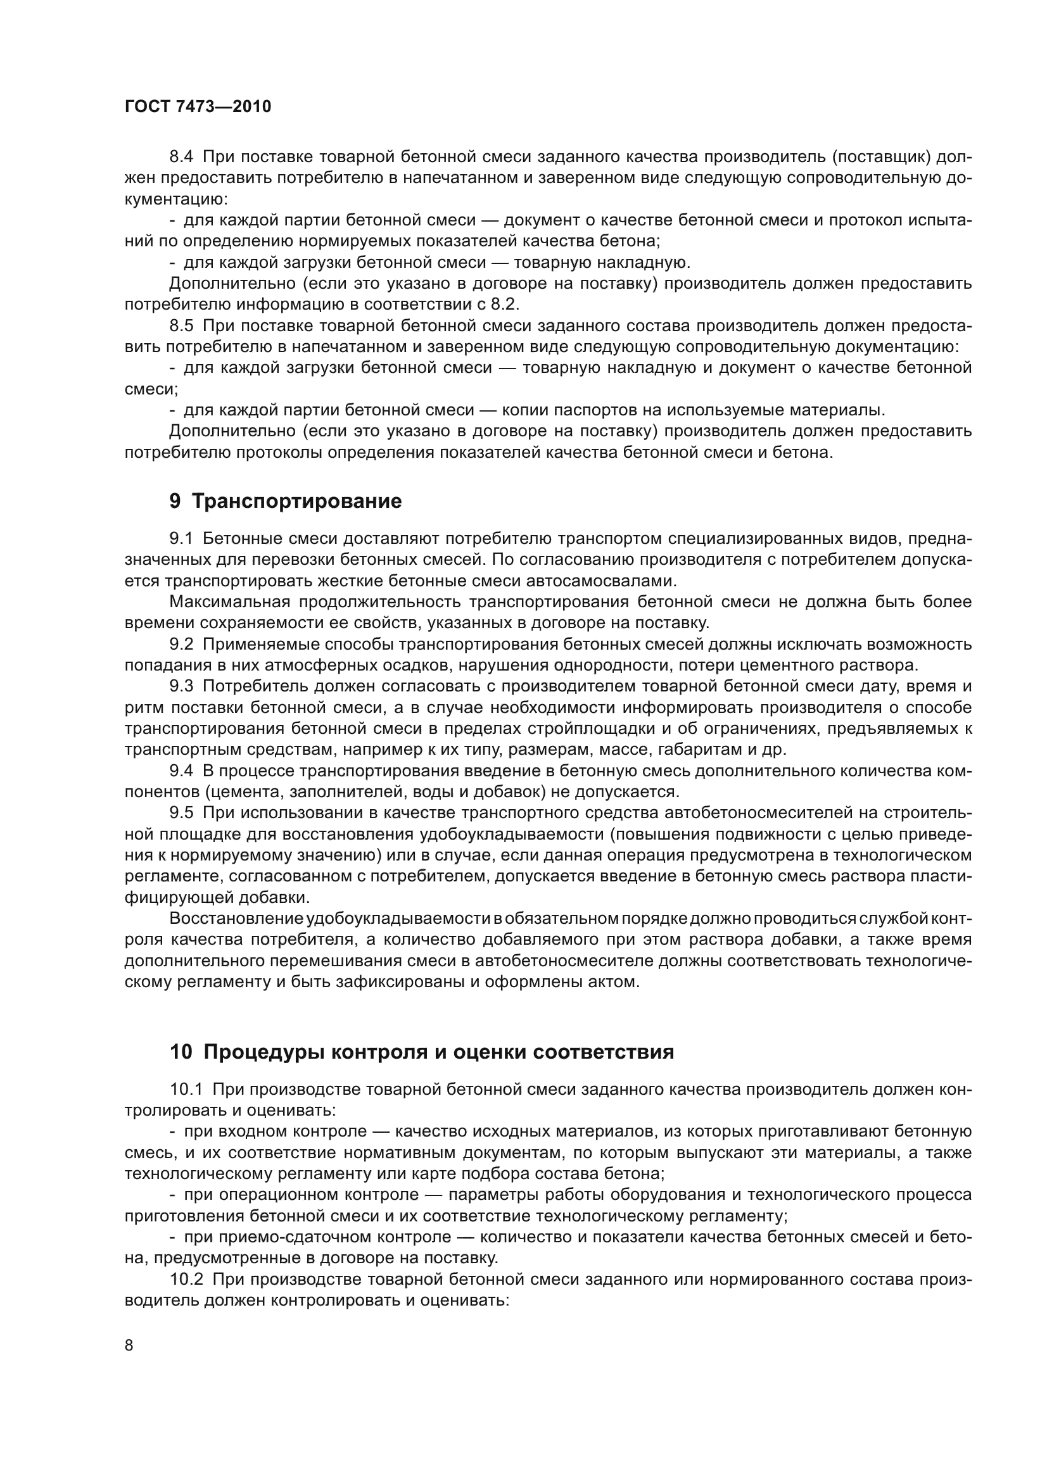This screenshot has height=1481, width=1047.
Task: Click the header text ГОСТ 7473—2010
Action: coord(198,107)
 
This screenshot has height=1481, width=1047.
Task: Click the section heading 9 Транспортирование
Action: coord(285,501)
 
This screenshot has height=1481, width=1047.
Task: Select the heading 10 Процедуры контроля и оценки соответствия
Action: coord(422,1052)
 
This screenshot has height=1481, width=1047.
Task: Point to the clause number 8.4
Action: coord(181,157)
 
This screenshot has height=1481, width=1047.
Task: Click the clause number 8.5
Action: coord(181,325)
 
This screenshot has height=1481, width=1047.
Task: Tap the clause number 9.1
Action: coord(181,539)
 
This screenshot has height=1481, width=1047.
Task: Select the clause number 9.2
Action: coord(181,645)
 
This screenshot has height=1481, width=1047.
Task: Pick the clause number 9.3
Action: coord(181,686)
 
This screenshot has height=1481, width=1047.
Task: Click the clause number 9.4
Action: coord(181,771)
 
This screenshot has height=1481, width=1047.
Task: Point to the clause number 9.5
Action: coord(181,814)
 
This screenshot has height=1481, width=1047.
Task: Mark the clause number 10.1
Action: coord(186,1090)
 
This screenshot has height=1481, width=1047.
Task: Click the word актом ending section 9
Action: coord(617,983)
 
